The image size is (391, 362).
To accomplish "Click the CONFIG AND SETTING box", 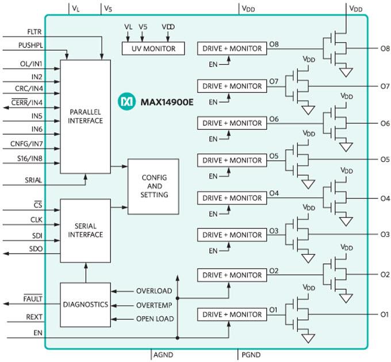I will (x=153, y=186).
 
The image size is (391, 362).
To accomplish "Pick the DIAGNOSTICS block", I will (x=85, y=305).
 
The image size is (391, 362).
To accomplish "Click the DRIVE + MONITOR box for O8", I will (x=232, y=49).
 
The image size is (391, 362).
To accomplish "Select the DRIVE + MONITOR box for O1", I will (x=232, y=315).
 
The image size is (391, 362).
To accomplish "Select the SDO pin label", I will (x=36, y=248).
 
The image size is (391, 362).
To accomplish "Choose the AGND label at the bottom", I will (x=164, y=356).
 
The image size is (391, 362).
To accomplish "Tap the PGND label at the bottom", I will (x=251, y=356).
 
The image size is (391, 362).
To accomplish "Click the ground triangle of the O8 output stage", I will (x=346, y=72).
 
